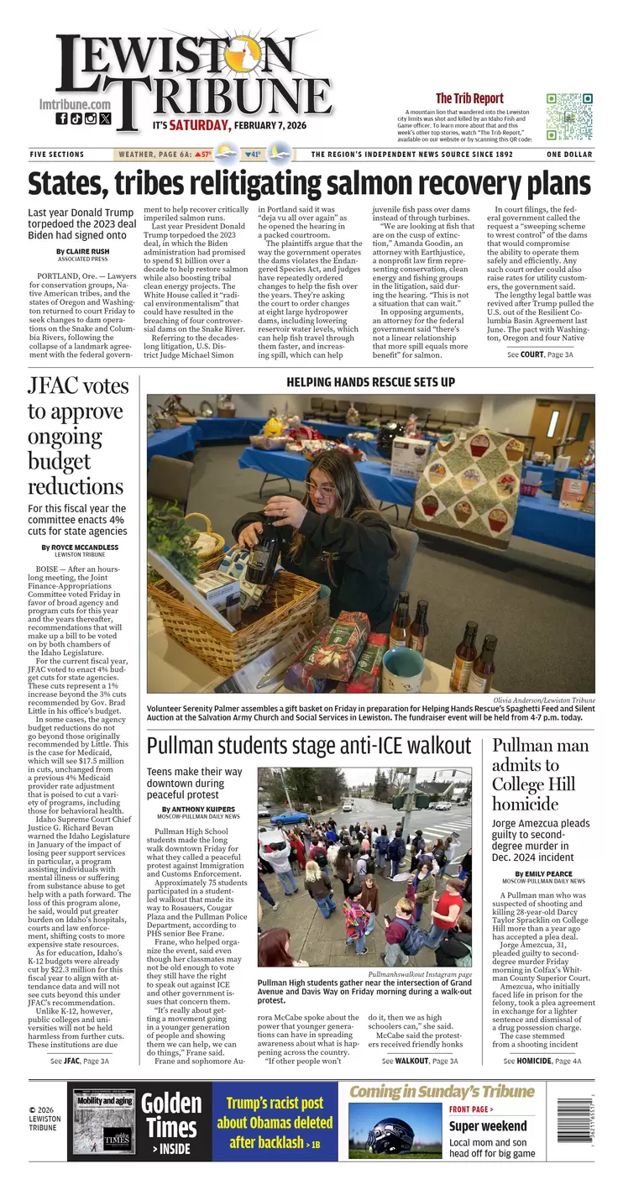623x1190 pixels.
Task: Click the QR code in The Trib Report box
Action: (x=569, y=117)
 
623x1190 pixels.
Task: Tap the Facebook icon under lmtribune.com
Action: (x=61, y=119)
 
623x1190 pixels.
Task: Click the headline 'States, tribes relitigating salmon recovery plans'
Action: (x=309, y=184)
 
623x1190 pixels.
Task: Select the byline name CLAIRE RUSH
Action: (x=87, y=251)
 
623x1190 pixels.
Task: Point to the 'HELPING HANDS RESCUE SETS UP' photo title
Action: (x=370, y=382)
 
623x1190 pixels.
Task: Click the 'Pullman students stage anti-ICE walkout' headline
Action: (x=321, y=746)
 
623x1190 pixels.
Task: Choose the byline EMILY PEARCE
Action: (x=554, y=874)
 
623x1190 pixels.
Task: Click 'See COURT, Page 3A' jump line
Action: (x=540, y=355)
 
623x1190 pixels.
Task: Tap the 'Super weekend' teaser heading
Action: (x=488, y=1126)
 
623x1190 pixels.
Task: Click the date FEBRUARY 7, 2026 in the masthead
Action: (x=270, y=126)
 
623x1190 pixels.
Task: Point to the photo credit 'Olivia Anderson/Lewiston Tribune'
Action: (x=545, y=700)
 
